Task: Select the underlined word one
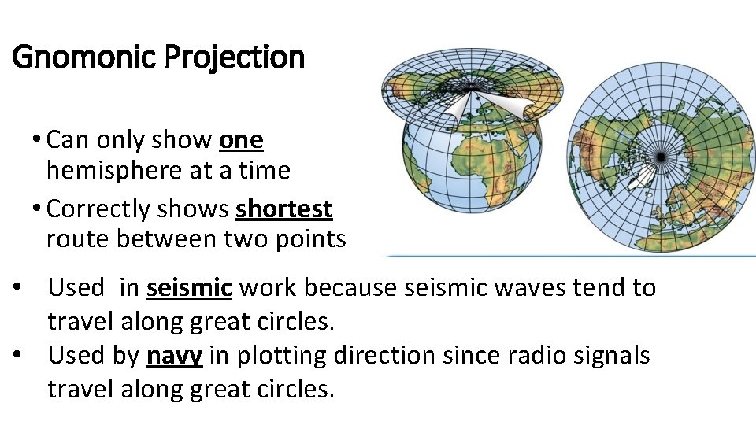[241, 140]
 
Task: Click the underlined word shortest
[283, 209]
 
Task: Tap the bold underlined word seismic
[189, 288]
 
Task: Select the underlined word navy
[175, 356]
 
